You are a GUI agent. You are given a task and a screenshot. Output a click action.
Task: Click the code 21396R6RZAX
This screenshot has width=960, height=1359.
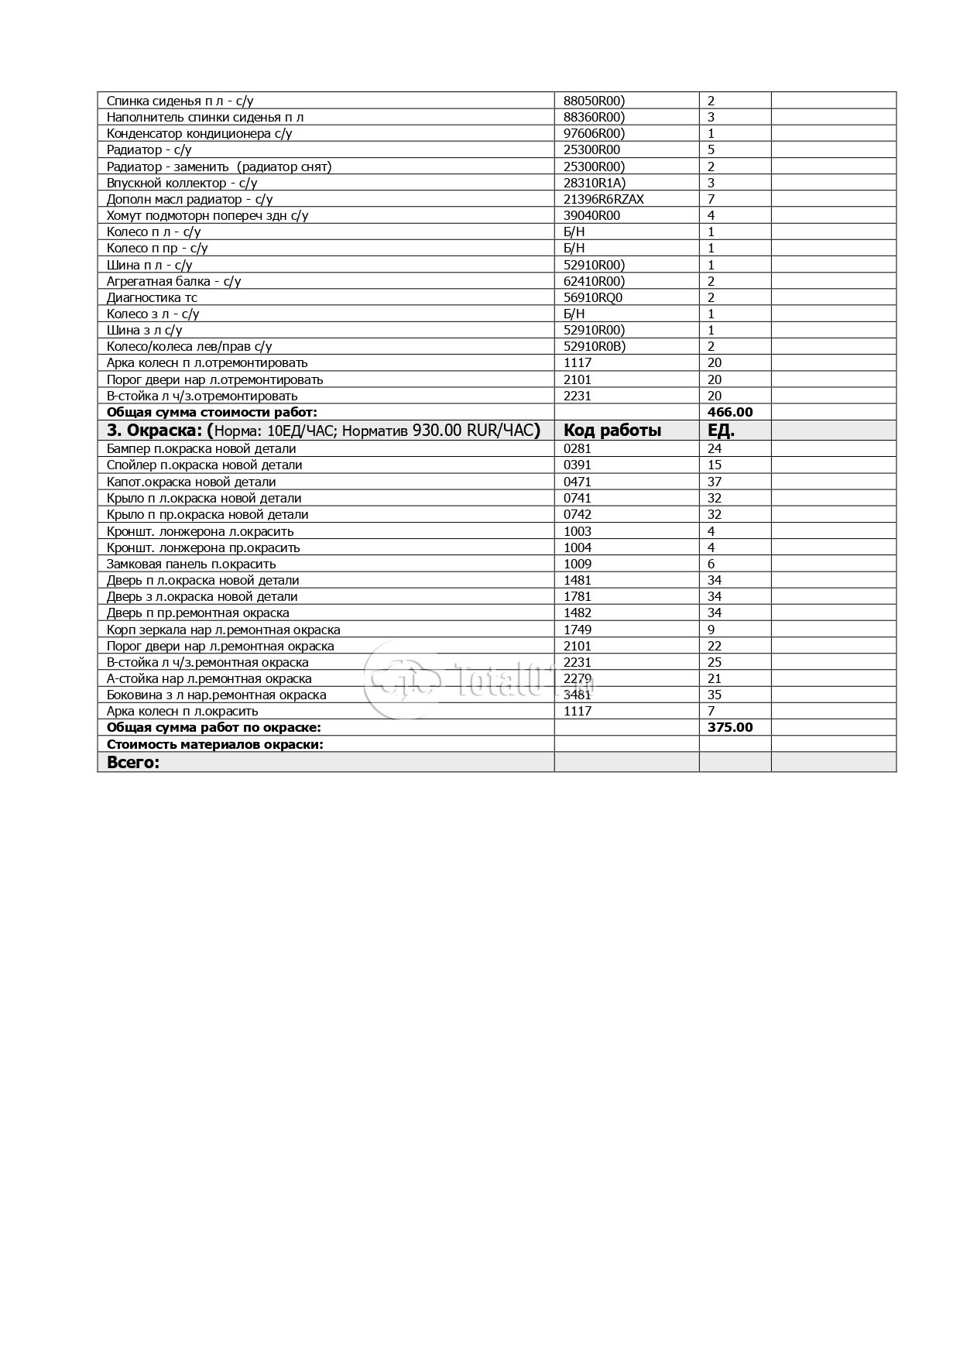point(603,199)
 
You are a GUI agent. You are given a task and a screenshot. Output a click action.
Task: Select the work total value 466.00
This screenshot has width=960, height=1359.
point(729,413)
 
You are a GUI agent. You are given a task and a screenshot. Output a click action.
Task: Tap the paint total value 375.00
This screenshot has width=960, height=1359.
point(729,727)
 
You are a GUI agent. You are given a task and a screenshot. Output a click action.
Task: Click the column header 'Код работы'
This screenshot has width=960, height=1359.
point(612,431)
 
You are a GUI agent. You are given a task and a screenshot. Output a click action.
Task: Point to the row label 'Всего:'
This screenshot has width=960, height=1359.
point(132,762)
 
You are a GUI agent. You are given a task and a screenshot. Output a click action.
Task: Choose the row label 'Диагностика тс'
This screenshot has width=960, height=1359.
point(152,297)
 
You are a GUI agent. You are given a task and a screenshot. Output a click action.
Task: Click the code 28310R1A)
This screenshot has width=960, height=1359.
point(594,183)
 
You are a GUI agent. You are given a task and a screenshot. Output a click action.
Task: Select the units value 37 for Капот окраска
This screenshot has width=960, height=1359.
point(714,482)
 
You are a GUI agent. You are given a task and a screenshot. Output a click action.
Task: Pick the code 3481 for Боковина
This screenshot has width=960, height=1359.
point(577,695)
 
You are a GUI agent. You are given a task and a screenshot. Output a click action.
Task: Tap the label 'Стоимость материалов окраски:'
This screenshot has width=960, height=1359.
point(214,744)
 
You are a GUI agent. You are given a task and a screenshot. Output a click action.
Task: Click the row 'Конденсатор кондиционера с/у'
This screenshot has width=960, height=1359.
point(199,133)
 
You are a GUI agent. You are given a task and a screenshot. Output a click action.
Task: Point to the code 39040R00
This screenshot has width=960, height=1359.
point(591,215)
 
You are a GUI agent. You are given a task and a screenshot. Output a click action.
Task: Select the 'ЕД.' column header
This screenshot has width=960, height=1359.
point(721,431)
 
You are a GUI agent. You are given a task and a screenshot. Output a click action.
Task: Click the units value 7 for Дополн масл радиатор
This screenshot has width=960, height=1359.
point(711,199)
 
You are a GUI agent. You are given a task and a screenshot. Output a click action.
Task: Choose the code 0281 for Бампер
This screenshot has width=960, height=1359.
point(577,448)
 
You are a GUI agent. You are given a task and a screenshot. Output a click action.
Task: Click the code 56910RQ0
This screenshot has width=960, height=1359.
point(593,297)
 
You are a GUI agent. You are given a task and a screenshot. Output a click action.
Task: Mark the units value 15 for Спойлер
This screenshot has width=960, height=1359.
point(714,465)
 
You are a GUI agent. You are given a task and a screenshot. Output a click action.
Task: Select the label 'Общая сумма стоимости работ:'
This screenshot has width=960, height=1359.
point(211,413)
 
